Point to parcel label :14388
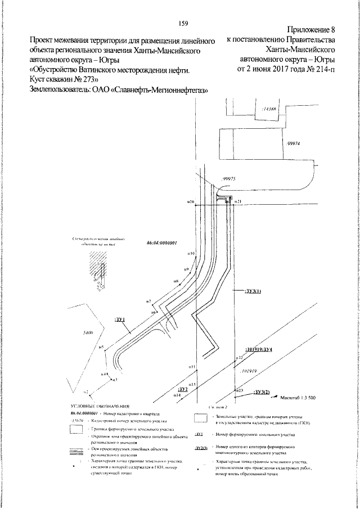(x=270, y=109)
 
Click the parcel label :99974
(x=294, y=143)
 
